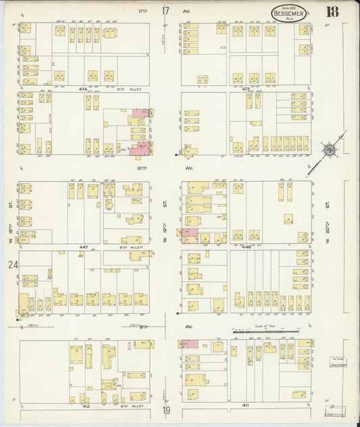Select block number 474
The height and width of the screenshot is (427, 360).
pyautogui.click(x=83, y=89)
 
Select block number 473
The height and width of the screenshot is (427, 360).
pyautogui.click(x=246, y=89)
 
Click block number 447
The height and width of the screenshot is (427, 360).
pyautogui.click(x=84, y=247)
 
